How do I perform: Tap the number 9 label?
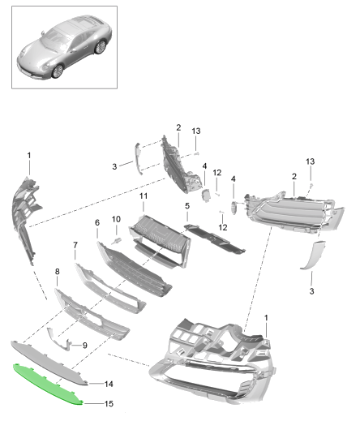(x=84, y=346)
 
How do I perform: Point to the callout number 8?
(x=57, y=272)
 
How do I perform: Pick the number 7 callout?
(x=75, y=244)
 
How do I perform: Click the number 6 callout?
(x=96, y=222)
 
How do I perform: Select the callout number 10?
(x=115, y=219)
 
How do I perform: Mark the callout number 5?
(x=186, y=206)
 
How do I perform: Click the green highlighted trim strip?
(x=49, y=380)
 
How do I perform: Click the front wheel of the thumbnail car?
(x=58, y=71)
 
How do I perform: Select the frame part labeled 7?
(x=109, y=284)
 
